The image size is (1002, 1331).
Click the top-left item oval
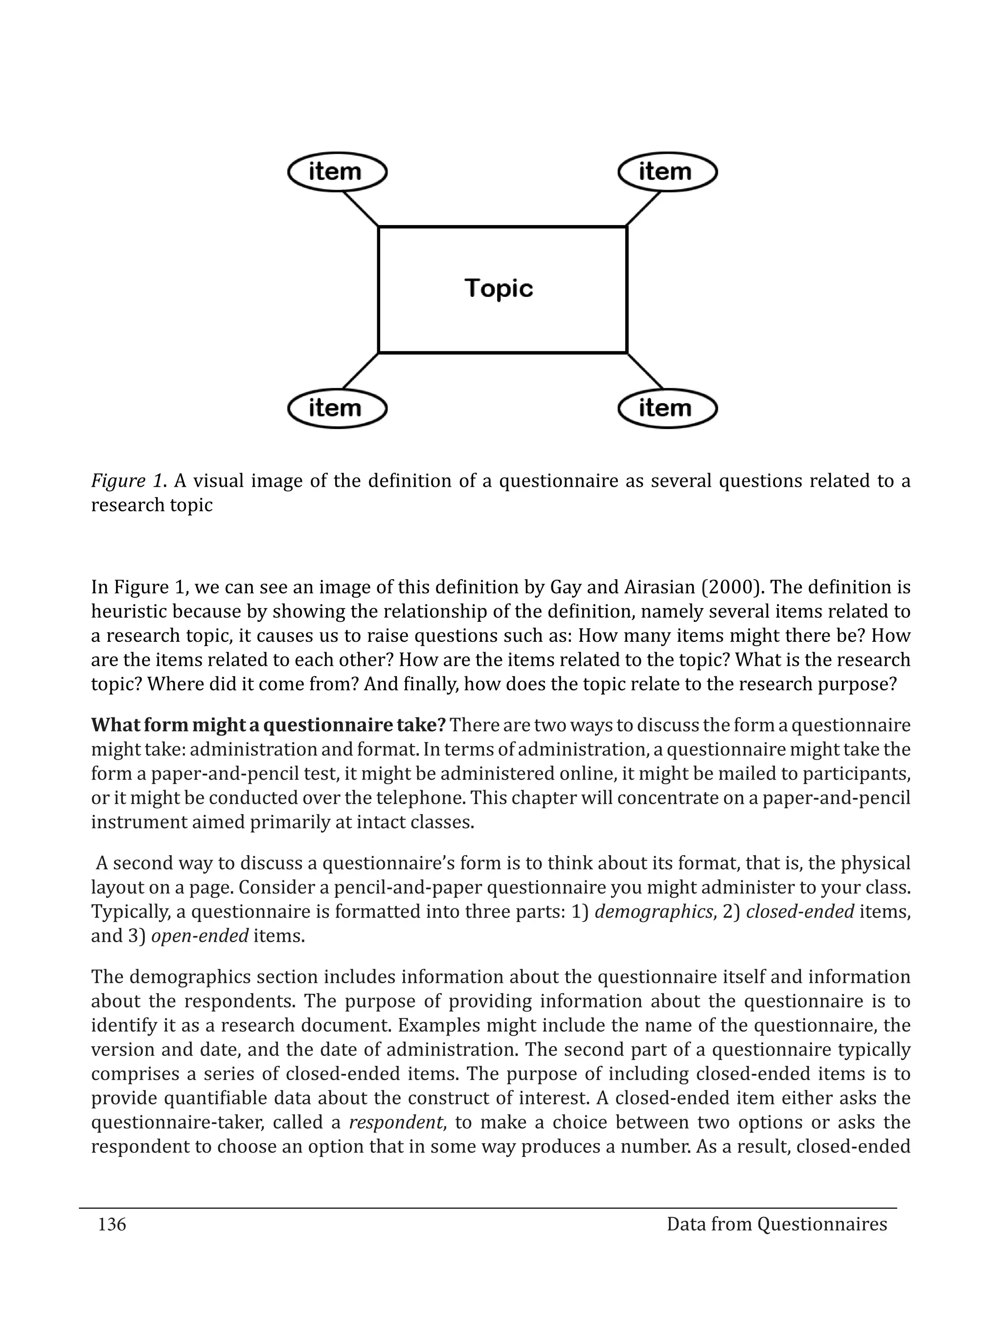[337, 172]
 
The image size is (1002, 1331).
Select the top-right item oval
[667, 172]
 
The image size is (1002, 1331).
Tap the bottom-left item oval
[337, 408]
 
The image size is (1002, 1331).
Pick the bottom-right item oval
[667, 408]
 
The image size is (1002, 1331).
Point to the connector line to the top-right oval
[643, 209]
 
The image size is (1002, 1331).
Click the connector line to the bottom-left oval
[361, 371]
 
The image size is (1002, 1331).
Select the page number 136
[112, 1224]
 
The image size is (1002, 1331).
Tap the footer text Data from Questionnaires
[776, 1224]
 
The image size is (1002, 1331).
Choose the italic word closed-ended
[800, 912]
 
